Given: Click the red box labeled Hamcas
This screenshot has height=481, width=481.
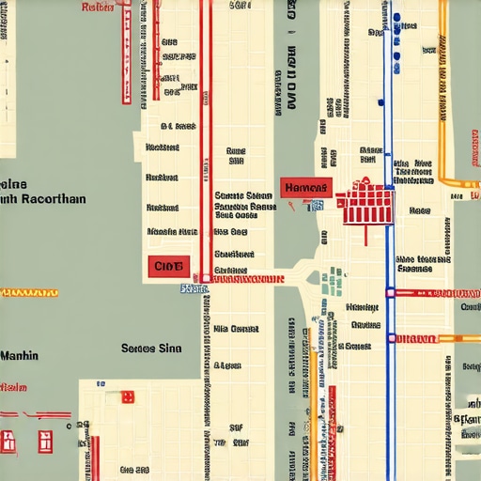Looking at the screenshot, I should coord(305,188).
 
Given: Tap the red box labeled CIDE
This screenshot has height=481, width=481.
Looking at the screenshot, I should coord(168,267).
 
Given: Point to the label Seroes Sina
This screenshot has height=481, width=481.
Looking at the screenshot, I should coord(150,348).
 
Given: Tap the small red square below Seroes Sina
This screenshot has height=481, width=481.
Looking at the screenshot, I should coord(128,396).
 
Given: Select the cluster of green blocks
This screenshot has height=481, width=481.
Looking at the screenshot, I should coord(331,281).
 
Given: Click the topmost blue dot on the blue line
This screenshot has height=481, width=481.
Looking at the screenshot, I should coord(396,18).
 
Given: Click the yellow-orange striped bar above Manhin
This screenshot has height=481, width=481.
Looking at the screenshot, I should coord(29,293).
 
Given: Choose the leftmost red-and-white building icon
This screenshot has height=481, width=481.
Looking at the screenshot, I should coord(9,439).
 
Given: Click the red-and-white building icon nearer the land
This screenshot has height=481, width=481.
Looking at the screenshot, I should coord(45,439).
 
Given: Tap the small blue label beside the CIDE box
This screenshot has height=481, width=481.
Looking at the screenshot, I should coord(193,288).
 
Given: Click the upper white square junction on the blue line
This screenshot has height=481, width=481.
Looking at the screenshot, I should coord(390,292).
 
